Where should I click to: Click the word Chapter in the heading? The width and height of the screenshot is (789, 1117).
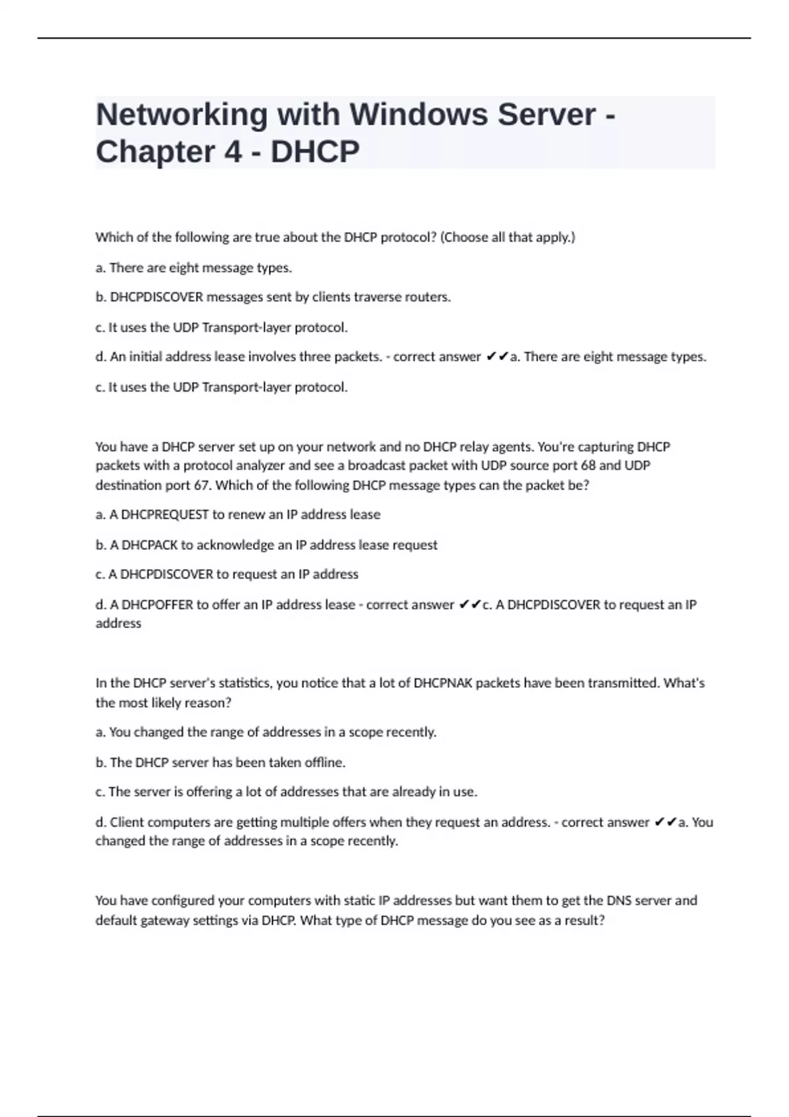pos(155,152)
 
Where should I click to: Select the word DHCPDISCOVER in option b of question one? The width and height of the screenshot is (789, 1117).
pos(156,297)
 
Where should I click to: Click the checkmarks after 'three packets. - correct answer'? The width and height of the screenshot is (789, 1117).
pos(497,357)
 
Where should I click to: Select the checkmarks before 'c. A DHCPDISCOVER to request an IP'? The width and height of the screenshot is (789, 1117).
pos(469,604)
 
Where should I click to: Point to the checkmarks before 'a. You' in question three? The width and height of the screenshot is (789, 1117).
pos(665,822)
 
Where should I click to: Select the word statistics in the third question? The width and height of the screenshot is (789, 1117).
pos(244,683)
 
